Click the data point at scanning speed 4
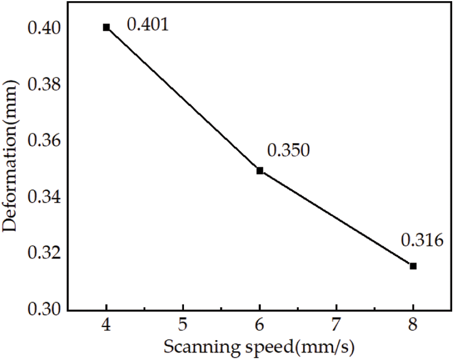(106, 27)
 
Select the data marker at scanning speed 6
(260, 171)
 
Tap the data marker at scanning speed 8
(413, 266)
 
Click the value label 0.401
(147, 25)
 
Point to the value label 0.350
(288, 150)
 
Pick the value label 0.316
(422, 241)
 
